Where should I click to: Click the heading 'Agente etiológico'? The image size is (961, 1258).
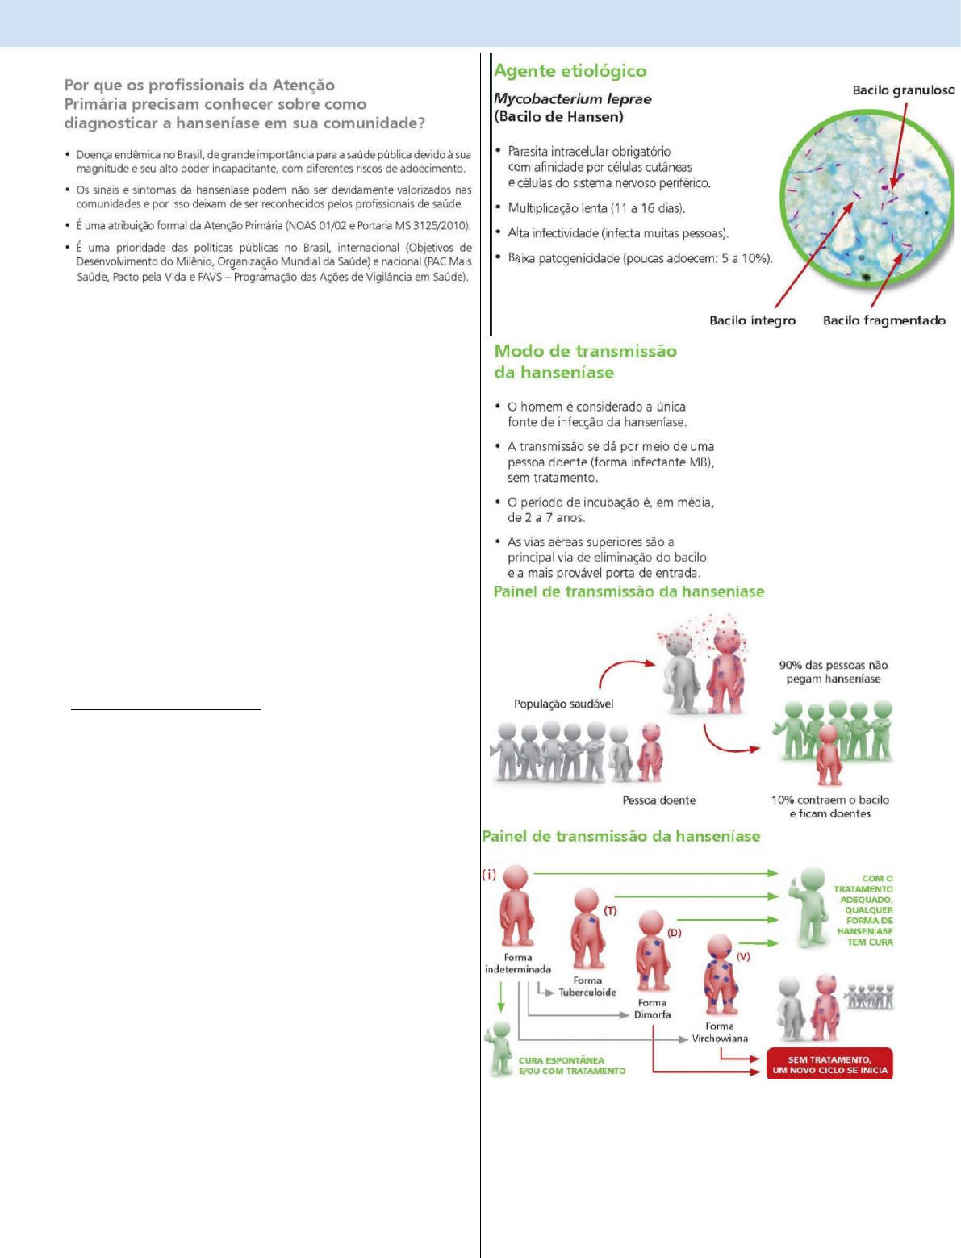click(x=570, y=71)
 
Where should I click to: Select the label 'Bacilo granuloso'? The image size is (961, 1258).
click(x=903, y=90)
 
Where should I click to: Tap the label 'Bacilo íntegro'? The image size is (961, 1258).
click(x=752, y=320)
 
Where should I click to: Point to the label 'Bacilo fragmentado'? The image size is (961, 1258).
click(x=884, y=320)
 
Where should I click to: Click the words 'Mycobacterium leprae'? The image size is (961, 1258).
click(x=572, y=99)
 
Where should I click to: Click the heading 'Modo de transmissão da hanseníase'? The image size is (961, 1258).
click(x=585, y=362)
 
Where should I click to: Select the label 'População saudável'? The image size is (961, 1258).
click(x=563, y=704)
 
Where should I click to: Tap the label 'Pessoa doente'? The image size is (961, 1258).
click(x=658, y=800)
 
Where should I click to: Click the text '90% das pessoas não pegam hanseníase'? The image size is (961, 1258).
click(x=833, y=672)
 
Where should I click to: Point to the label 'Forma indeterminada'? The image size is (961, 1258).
click(x=518, y=963)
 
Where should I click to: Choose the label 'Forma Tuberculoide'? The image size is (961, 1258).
click(x=587, y=987)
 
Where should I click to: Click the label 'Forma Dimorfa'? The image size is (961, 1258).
click(x=652, y=1009)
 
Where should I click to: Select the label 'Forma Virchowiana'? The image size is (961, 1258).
click(x=720, y=1033)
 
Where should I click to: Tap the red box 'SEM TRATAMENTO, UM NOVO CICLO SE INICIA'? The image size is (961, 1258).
click(x=829, y=1065)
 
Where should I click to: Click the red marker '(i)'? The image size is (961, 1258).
click(x=489, y=875)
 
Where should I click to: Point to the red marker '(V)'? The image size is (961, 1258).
click(x=743, y=956)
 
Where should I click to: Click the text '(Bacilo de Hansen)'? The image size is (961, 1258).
click(x=558, y=117)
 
